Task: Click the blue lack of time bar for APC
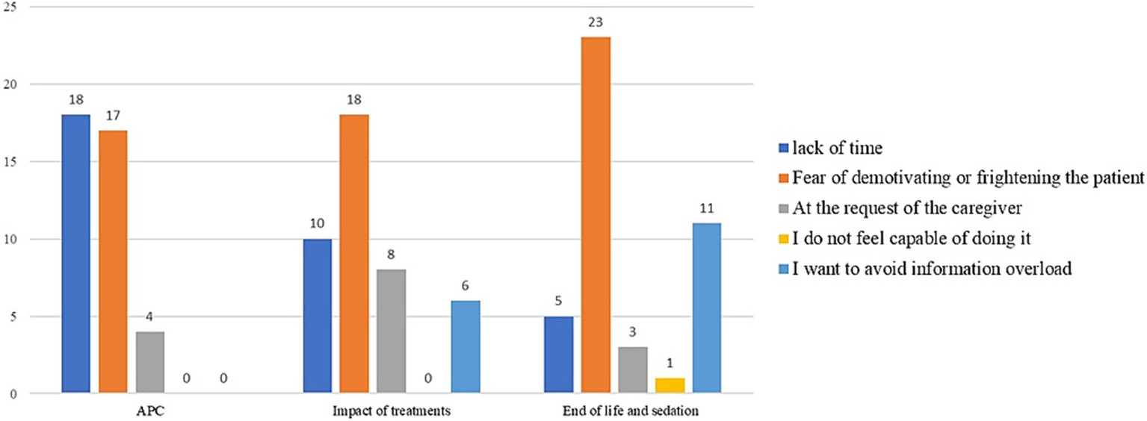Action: click(x=75, y=254)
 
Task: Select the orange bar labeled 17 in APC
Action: click(x=113, y=261)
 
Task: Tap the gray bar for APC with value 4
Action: click(x=150, y=362)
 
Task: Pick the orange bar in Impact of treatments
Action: click(x=354, y=254)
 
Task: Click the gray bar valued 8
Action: click(x=391, y=331)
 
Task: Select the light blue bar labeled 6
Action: click(x=466, y=347)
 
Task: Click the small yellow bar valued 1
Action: click(x=670, y=385)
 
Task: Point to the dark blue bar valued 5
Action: click(x=558, y=355)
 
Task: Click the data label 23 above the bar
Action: click(x=596, y=24)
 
